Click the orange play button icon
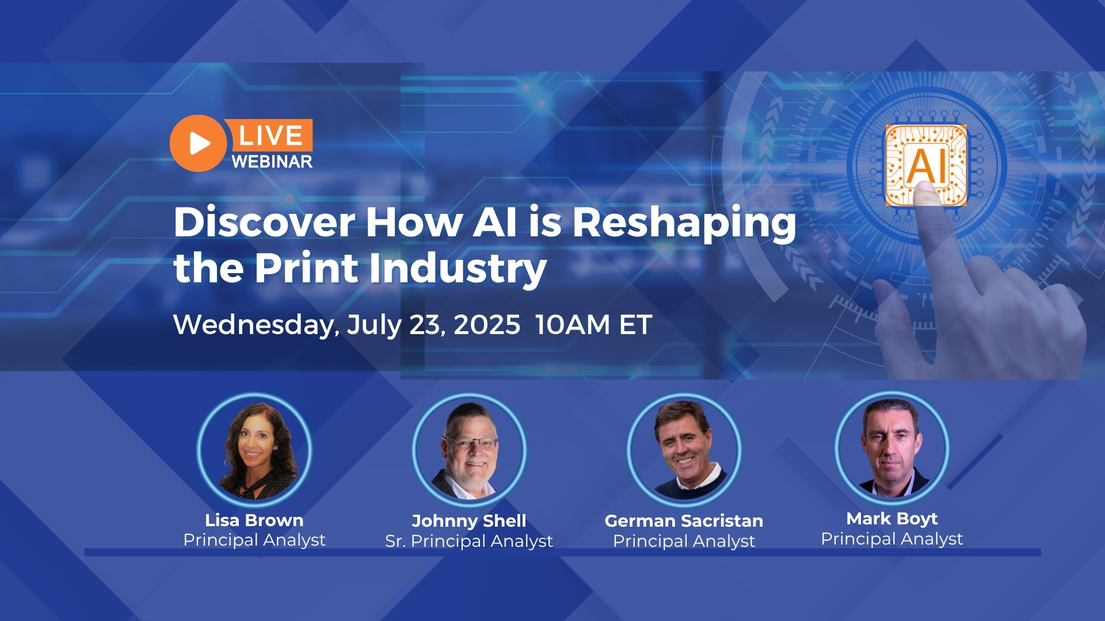198,143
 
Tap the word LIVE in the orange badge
270,136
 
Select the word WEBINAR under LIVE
272,162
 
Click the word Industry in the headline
458,269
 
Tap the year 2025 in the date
487,325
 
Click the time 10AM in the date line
572,325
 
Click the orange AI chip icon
926,165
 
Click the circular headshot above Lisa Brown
254,450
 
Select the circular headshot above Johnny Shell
469,450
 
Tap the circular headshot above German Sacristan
684,450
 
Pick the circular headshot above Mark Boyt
892,448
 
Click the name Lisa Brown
254,520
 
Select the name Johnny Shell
469,522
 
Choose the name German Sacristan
684,521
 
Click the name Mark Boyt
892,519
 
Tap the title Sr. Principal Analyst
469,542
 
